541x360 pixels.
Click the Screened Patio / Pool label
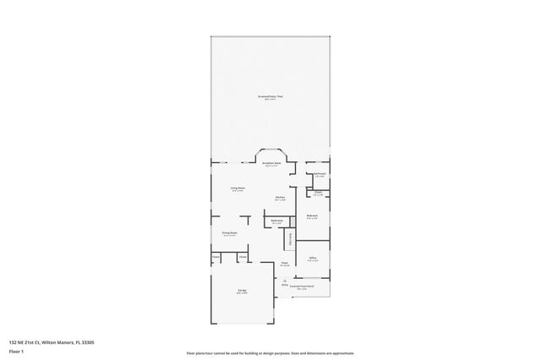click(270, 97)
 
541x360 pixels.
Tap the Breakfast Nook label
click(271, 164)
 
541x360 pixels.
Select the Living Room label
click(238, 188)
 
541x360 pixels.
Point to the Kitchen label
click(280, 199)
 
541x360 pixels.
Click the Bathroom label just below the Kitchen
click(277, 221)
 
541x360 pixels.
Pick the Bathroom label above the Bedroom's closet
click(320, 174)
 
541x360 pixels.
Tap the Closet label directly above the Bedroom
click(318, 193)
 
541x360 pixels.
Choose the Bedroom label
click(311, 216)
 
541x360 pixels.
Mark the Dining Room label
click(229, 233)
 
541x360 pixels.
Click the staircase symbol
click(287, 239)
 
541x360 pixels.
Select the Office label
click(312, 259)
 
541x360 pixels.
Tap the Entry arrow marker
click(285, 285)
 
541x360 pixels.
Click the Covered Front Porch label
click(302, 286)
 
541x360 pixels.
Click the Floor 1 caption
click(17, 351)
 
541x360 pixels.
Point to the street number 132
click(13, 342)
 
